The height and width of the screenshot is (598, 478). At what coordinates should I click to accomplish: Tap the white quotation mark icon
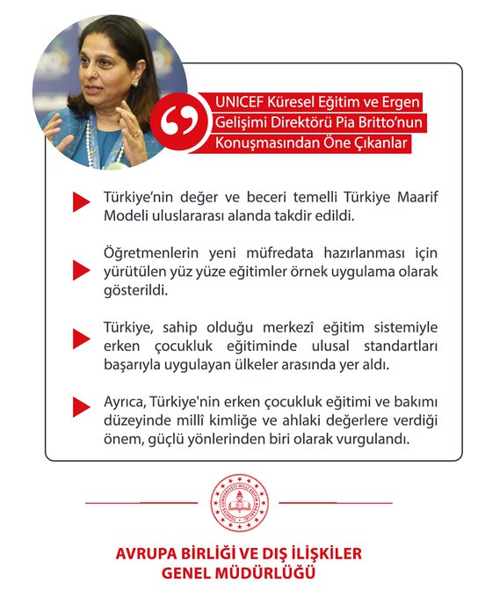[x=178, y=124]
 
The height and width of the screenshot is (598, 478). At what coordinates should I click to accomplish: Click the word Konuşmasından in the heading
[x=259, y=143]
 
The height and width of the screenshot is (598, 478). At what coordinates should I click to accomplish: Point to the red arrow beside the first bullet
[x=82, y=202]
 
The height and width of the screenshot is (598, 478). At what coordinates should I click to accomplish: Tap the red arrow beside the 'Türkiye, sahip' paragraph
[x=82, y=338]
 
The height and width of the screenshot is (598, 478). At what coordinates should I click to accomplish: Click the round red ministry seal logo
[x=238, y=502]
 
